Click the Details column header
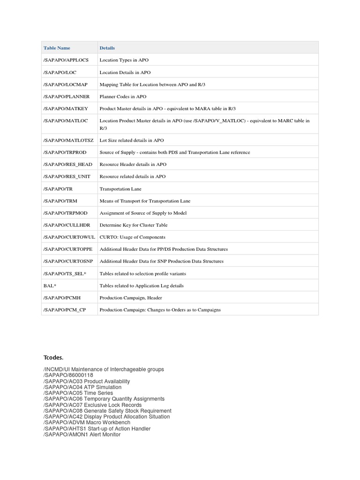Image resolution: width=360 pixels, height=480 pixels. pyautogui.click(x=107, y=48)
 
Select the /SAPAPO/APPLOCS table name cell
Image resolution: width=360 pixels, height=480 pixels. pyautogui.click(x=66, y=60)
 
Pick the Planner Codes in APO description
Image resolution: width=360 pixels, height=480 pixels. pyautogui.click(x=123, y=97)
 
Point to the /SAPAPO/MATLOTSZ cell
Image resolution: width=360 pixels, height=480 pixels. pyautogui.click(x=68, y=140)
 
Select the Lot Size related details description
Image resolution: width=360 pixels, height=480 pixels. pyautogui.click(x=132, y=140)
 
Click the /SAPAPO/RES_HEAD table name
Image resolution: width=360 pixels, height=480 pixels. pyautogui.click(x=68, y=165)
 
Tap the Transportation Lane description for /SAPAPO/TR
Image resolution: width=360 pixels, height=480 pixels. pyautogui.click(x=120, y=189)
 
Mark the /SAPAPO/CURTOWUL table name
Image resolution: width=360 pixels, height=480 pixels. pyautogui.click(x=69, y=237)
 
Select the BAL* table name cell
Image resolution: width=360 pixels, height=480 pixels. pyautogui.click(x=50, y=285)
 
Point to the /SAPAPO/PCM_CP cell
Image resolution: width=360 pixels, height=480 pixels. pyautogui.click(x=65, y=310)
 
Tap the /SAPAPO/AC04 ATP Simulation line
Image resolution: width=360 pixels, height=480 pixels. pyautogui.click(x=82, y=387)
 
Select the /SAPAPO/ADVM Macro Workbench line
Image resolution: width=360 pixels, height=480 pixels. pyautogui.click(x=87, y=422)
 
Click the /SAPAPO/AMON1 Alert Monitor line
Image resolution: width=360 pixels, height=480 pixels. pyautogui.click(x=82, y=435)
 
